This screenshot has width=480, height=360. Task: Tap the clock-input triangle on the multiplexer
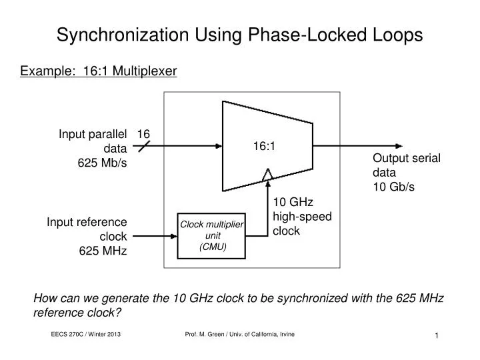coord(267,175)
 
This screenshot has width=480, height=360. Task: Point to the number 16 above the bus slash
coord(143,134)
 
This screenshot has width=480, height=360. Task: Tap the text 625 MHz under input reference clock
coord(103,251)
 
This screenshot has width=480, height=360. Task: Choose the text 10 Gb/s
coord(393,187)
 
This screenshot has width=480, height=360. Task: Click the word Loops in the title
coord(399,35)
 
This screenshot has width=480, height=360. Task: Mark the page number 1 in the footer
coord(436,336)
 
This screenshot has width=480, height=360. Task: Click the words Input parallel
coord(93,134)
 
